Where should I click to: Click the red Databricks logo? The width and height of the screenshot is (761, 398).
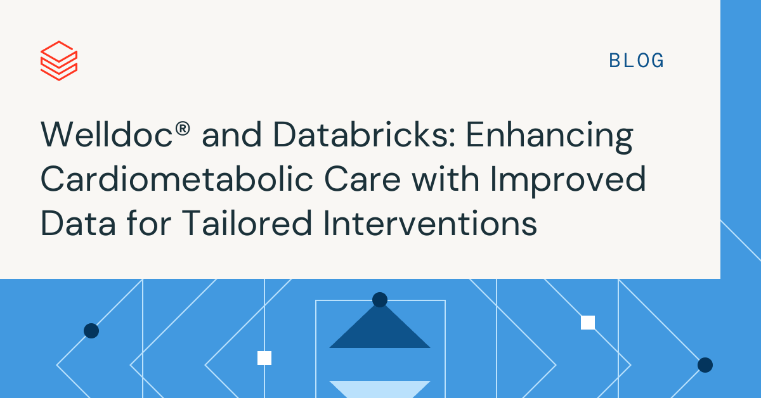pyautogui.click(x=59, y=61)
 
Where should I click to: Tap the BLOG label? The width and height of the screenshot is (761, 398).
pyautogui.click(x=636, y=61)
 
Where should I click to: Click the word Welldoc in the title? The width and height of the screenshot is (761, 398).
pyautogui.click(x=107, y=135)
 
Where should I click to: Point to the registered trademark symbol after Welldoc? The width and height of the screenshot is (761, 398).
pyautogui.click(x=183, y=129)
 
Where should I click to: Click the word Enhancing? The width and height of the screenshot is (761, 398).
pyautogui.click(x=549, y=138)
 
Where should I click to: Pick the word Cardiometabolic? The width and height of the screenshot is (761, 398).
pyautogui.click(x=177, y=179)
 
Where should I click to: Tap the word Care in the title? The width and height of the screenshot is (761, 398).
pyautogui.click(x=363, y=179)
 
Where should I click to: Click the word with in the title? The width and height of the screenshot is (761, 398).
pyautogui.click(x=446, y=179)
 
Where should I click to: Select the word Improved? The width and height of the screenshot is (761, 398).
pyautogui.click(x=568, y=182)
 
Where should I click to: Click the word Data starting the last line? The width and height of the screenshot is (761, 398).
pyautogui.click(x=79, y=224)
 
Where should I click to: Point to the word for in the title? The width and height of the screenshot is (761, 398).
pyautogui.click(x=149, y=222)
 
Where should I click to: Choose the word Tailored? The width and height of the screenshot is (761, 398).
pyautogui.click(x=247, y=222)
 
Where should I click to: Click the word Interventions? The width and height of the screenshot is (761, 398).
pyautogui.click(x=430, y=224)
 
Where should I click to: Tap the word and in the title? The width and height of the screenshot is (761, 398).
pyautogui.click(x=231, y=135)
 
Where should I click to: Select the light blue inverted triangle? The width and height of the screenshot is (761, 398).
pyautogui.click(x=380, y=390)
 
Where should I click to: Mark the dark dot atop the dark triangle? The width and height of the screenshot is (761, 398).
pyautogui.click(x=380, y=300)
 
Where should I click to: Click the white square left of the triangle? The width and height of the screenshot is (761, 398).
pyautogui.click(x=264, y=358)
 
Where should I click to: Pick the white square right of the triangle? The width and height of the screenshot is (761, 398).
pyautogui.click(x=588, y=323)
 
